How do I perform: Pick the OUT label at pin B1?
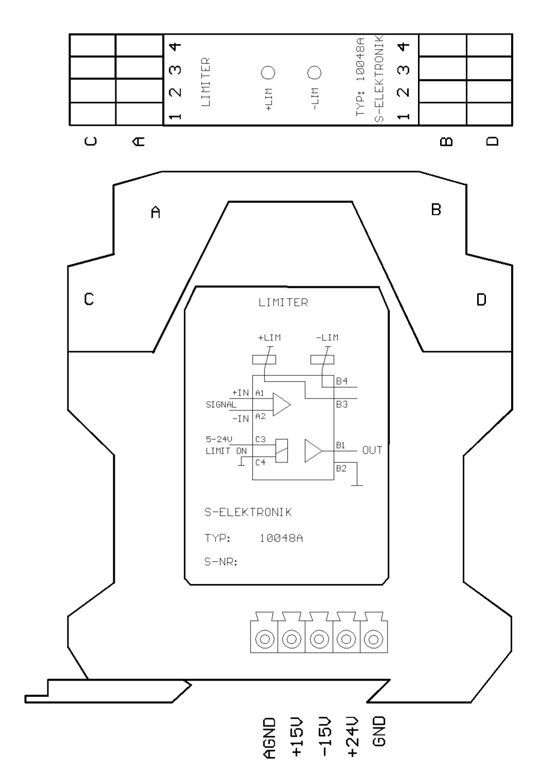(372, 450)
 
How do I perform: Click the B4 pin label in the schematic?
(342, 381)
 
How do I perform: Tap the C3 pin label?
(260, 440)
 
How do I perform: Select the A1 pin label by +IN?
(260, 393)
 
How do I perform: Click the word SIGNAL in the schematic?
(221, 404)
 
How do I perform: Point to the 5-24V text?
(219, 439)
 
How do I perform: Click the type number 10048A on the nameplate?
(281, 538)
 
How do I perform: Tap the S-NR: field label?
(221, 562)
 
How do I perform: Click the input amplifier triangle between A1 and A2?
(281, 404)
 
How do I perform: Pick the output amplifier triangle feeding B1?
(313, 451)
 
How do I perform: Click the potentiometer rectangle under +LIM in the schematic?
(264, 360)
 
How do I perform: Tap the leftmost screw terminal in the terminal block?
(264, 639)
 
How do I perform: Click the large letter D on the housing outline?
(481, 299)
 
